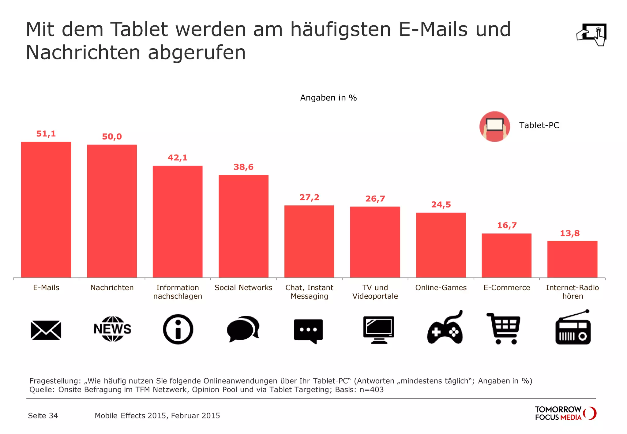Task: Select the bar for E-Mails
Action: click(x=46, y=210)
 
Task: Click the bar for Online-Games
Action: click(x=441, y=245)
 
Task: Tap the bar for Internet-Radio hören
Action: click(x=572, y=259)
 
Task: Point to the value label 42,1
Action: click(x=178, y=158)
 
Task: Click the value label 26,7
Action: click(x=375, y=199)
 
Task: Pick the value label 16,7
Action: click(x=507, y=226)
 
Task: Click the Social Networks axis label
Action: click(x=243, y=288)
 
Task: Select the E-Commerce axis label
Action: click(x=507, y=288)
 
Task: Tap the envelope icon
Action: click(x=46, y=330)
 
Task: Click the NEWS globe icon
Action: click(x=112, y=329)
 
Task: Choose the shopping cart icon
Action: click(x=504, y=328)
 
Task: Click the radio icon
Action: click(x=573, y=329)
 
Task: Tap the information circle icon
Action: click(x=178, y=329)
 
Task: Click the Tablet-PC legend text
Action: click(x=539, y=125)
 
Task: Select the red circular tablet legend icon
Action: click(x=494, y=126)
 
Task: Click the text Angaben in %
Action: click(x=328, y=98)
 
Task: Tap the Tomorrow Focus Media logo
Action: click(x=565, y=413)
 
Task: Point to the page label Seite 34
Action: click(x=43, y=416)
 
